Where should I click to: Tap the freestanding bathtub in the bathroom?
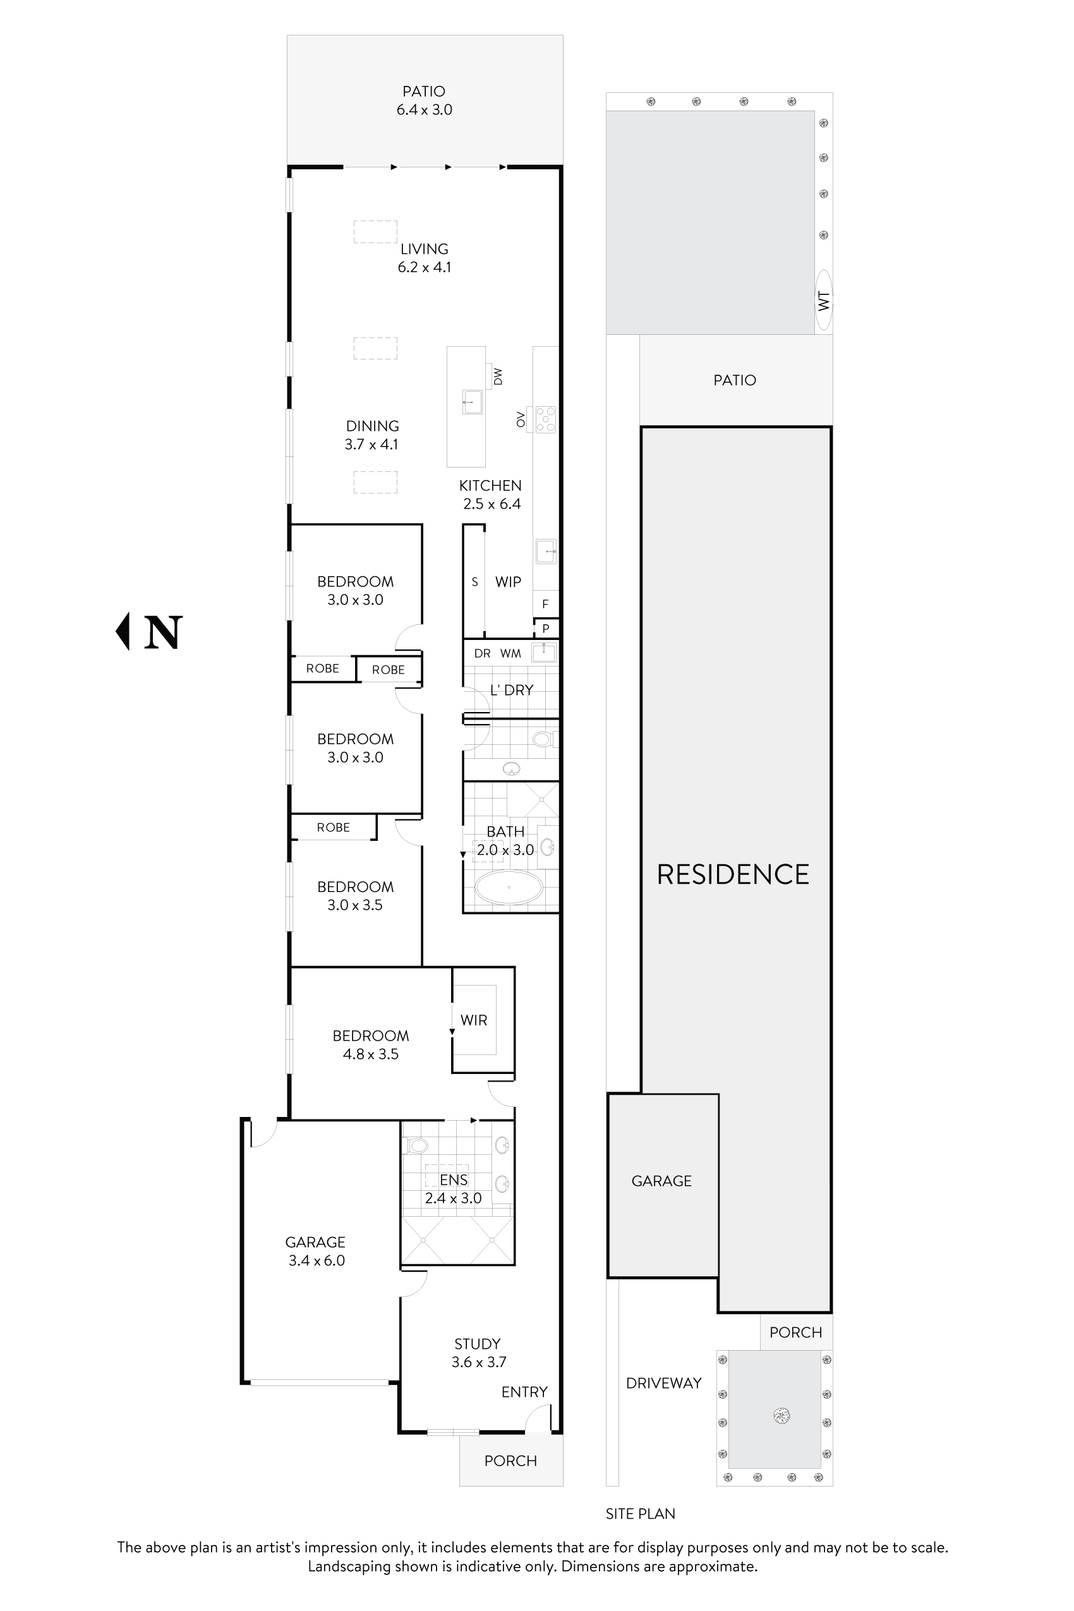pyautogui.click(x=509, y=887)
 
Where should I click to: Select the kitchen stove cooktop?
pyautogui.click(x=546, y=419)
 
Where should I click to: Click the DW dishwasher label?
pyautogui.click(x=498, y=376)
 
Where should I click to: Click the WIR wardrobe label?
pyautogui.click(x=473, y=1020)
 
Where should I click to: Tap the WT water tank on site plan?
pyautogui.click(x=823, y=301)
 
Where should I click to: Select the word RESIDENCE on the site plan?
pyautogui.click(x=732, y=875)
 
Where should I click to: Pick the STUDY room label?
pyautogui.click(x=478, y=1343)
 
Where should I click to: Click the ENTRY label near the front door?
pyautogui.click(x=524, y=1392)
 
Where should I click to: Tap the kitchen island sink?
pyautogui.click(x=472, y=401)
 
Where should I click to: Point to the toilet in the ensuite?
pyautogui.click(x=416, y=1145)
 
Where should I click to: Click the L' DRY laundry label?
pyautogui.click(x=511, y=690)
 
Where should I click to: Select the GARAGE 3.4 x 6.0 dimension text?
pyautogui.click(x=317, y=1260)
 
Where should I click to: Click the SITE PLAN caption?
pyautogui.click(x=640, y=1514)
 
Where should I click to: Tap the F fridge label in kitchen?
pyautogui.click(x=545, y=604)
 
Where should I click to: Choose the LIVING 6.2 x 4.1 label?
pyautogui.click(x=424, y=258)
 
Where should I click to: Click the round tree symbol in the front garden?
pyautogui.click(x=781, y=1415)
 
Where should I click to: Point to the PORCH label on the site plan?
pyautogui.click(x=795, y=1332)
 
